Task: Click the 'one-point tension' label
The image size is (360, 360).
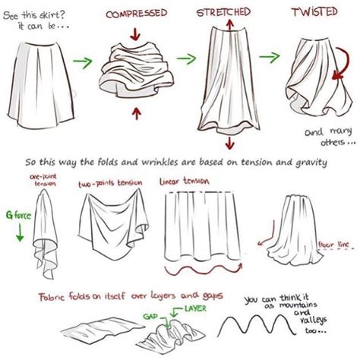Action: click(x=43, y=179)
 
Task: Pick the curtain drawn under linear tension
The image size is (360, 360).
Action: click(x=201, y=224)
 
